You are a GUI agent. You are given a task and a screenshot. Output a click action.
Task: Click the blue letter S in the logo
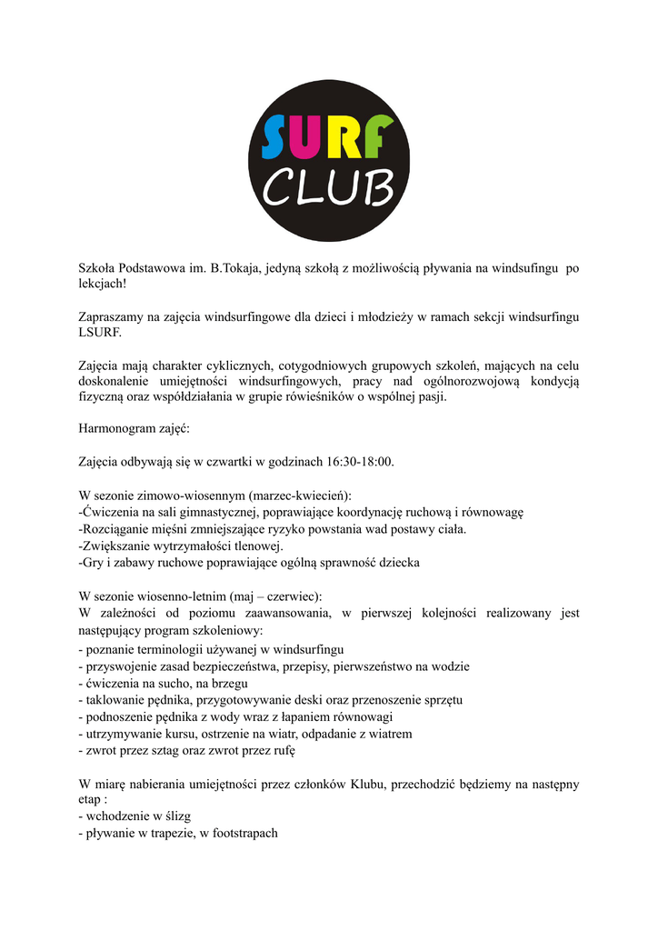(277, 136)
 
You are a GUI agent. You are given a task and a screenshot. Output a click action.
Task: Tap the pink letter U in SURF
(314, 136)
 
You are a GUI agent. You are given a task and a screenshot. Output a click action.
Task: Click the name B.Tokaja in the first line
(236, 268)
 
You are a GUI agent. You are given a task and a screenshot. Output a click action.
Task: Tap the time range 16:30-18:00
(361, 462)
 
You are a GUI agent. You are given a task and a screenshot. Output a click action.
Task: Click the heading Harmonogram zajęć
(135, 429)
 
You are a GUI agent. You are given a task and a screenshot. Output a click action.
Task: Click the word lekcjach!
(104, 284)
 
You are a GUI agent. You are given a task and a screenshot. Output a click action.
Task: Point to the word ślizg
(174, 816)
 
